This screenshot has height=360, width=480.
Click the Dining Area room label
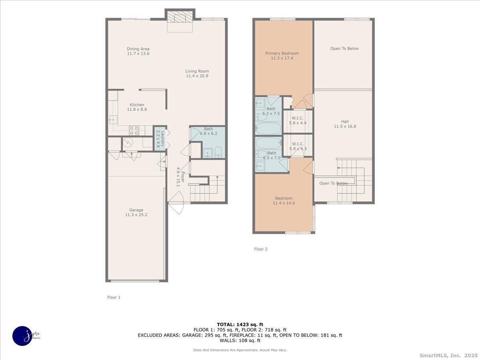138,49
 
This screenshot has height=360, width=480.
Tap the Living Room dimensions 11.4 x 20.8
197,76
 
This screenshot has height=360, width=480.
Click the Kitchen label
137,105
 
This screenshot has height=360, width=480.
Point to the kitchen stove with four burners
134,130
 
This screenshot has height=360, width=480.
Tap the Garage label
136,210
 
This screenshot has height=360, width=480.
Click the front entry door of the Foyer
176,198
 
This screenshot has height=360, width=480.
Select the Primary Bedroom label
282,53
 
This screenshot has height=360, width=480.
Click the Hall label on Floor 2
345,122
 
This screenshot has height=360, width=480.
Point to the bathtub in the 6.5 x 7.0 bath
268,143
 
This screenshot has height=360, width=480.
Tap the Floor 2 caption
261,249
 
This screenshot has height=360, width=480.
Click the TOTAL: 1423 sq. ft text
240,324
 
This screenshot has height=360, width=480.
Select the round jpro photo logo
22,336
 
